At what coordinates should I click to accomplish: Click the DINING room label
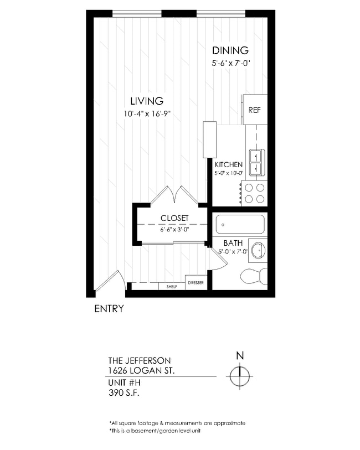click(229, 50)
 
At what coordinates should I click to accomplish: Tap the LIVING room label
click(146, 101)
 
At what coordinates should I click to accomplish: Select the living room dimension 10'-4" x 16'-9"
click(146, 114)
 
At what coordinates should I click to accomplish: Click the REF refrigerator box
click(254, 110)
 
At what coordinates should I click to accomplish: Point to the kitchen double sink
click(256, 161)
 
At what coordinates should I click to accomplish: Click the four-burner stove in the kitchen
click(254, 193)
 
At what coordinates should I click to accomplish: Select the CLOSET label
click(174, 218)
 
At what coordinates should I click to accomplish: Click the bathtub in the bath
click(240, 225)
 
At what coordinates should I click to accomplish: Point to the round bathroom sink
click(257, 250)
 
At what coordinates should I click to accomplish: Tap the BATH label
click(232, 244)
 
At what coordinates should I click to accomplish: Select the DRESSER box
click(196, 283)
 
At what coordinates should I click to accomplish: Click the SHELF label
click(172, 286)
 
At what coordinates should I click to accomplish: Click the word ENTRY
click(109, 309)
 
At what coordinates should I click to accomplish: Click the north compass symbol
click(239, 376)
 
